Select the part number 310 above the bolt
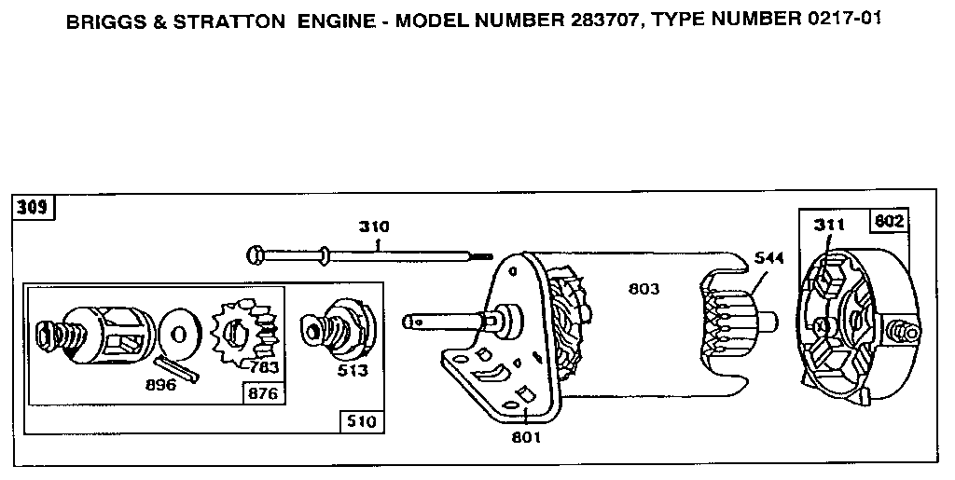pyautogui.click(x=375, y=226)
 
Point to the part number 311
pyautogui.click(x=828, y=225)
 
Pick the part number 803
pyautogui.click(x=643, y=290)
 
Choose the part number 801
pyautogui.click(x=525, y=435)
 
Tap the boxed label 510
pyautogui.click(x=360, y=421)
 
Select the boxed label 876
pyautogui.click(x=262, y=392)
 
